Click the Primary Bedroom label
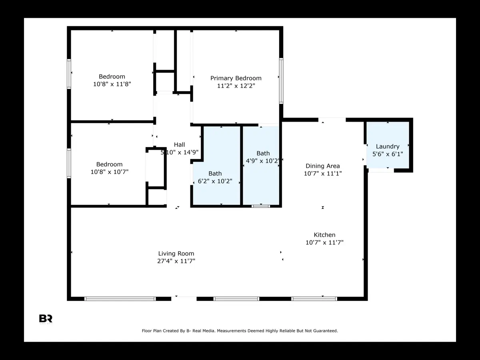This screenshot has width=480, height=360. pos(236,78)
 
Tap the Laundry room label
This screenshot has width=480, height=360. pos(388,146)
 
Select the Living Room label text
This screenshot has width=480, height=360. pos(176,253)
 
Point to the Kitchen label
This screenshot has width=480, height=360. pos(324,235)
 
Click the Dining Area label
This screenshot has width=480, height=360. pos(322,166)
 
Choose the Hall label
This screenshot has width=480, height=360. pos(179,145)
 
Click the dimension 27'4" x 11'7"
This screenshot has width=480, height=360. pos(176,261)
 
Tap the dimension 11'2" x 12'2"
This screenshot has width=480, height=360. pos(236,86)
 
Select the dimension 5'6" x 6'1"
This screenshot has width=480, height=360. pos(388,154)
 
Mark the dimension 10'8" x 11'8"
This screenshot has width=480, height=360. pos(112,84)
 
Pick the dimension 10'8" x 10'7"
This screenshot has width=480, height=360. pos(109,172)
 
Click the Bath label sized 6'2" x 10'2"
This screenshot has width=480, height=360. pos(215,173)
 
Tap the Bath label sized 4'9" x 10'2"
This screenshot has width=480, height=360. pos(263,153)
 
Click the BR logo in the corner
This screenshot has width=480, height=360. pos(46,319)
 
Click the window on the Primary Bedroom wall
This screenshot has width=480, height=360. pos(281,81)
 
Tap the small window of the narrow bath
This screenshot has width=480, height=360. pos(261,206)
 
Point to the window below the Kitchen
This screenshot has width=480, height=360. pos(314,298)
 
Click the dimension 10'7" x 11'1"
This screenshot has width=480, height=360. pos(322,174)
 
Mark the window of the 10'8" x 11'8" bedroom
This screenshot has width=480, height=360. pos(69,74)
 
